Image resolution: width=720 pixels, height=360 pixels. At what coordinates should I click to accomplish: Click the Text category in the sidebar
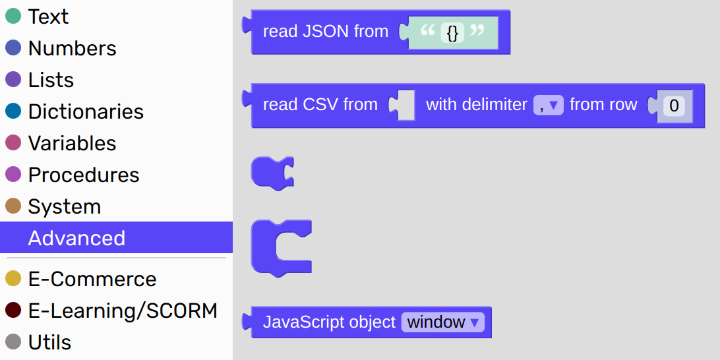48,16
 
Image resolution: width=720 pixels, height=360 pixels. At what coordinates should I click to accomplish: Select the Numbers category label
72,48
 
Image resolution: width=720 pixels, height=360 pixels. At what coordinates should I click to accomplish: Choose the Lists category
51,80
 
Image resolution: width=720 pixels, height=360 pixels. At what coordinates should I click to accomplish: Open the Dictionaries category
86,111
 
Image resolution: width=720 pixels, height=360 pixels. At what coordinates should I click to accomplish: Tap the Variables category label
72,143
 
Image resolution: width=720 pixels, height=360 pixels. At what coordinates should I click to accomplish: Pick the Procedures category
84,175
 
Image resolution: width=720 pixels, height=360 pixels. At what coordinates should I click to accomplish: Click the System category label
65,206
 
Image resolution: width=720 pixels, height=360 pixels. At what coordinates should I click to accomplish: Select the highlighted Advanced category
76,238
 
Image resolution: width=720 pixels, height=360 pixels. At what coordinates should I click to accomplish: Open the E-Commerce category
92,279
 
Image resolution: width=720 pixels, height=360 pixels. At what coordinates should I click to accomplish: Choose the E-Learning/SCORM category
123,311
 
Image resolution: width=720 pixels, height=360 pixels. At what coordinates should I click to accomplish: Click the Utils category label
49,343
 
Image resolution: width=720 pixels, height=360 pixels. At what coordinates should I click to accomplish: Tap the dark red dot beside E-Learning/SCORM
13,311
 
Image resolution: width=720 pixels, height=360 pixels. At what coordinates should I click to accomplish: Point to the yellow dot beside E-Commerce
13,279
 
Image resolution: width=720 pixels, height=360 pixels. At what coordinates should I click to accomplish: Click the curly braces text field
452,32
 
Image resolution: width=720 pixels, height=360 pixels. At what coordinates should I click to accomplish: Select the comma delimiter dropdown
549,105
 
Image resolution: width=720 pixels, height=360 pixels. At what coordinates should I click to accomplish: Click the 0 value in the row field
674,105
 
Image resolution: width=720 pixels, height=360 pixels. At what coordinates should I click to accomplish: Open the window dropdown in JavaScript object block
442,322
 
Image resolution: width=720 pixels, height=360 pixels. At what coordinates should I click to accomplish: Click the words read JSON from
326,31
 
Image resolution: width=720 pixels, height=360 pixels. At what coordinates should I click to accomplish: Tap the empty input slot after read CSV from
405,105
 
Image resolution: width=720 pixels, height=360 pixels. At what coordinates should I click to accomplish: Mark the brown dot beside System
13,206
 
